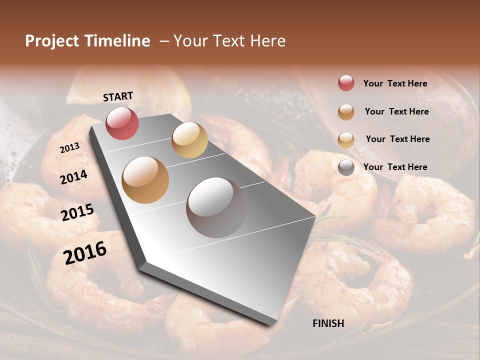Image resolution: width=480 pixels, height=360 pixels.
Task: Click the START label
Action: point(118,96)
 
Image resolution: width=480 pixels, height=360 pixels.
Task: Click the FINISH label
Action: point(328,323)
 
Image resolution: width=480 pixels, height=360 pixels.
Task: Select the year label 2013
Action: point(70,148)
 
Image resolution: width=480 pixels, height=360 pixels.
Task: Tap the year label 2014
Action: point(74,177)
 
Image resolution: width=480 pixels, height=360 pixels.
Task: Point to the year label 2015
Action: point(77,212)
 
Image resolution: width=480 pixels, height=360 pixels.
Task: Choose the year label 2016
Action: point(85,253)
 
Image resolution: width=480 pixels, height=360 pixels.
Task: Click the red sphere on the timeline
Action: point(122,123)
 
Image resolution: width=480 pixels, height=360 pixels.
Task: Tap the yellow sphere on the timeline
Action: point(189,140)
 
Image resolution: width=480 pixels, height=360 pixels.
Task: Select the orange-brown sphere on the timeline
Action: point(145,179)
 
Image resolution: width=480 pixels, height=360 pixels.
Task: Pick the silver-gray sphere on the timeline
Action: point(216,207)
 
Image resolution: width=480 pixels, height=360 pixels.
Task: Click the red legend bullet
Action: point(346,83)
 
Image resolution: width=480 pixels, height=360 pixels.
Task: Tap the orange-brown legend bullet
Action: point(346,112)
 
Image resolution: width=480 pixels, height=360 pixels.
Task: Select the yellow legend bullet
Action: point(346,140)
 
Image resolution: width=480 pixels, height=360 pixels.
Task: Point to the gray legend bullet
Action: point(346,167)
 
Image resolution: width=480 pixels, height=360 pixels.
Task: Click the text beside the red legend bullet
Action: point(395,83)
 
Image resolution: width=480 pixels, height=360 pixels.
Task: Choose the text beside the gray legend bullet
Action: point(395,167)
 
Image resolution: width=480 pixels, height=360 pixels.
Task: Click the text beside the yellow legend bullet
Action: point(397,139)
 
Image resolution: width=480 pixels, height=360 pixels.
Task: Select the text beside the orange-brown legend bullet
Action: point(396,111)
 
